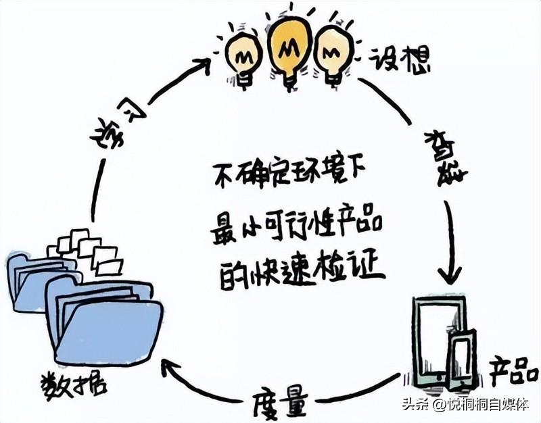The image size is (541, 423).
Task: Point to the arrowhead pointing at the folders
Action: [170, 369]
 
